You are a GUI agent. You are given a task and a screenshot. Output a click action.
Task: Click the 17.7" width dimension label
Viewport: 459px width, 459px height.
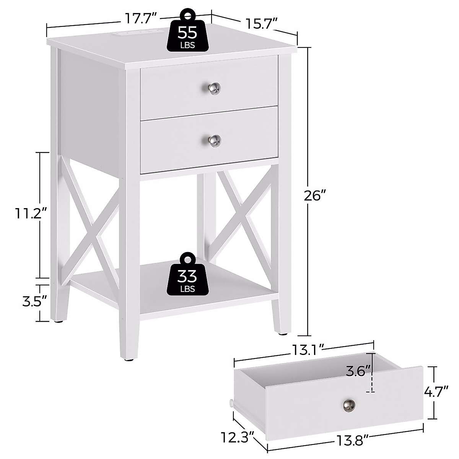141,18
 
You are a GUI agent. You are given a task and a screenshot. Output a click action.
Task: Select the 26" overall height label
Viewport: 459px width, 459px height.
314,196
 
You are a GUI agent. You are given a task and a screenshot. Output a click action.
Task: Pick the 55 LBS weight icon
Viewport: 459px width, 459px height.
187,33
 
